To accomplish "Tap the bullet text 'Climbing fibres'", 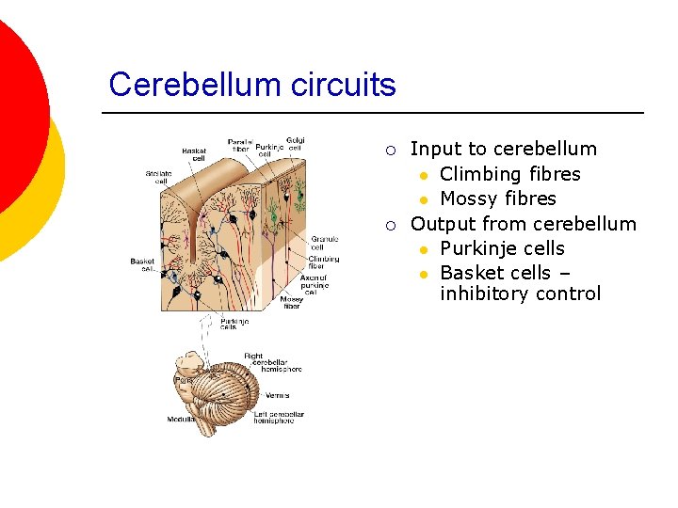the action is [509, 174].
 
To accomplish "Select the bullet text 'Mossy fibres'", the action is [497, 198].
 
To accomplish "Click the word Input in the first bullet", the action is [432, 149].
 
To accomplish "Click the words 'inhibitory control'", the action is [520, 294].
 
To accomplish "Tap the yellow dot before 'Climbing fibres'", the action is [425, 175].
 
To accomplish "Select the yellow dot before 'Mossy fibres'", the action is [425, 199].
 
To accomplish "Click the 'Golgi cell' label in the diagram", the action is [295, 144].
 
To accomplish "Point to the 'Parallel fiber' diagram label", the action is [239, 146].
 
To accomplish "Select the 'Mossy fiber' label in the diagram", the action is [291, 303].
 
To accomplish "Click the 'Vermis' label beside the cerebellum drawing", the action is [277, 395].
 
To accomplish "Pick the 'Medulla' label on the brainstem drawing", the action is [182, 420].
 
